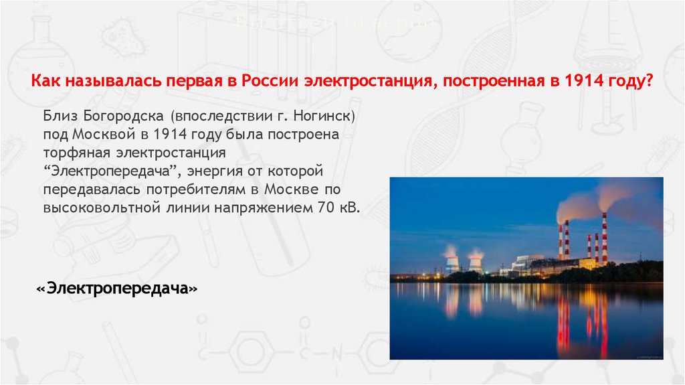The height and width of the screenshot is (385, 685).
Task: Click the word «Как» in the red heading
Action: click(45, 82)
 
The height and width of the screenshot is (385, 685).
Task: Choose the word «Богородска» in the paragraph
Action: click(120, 117)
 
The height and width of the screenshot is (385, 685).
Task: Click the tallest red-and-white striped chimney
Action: click(604, 238)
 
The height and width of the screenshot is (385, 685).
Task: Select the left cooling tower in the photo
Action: click(452, 262)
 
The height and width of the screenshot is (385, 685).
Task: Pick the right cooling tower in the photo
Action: click(476, 263)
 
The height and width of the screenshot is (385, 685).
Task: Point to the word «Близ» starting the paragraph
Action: click(60, 117)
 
